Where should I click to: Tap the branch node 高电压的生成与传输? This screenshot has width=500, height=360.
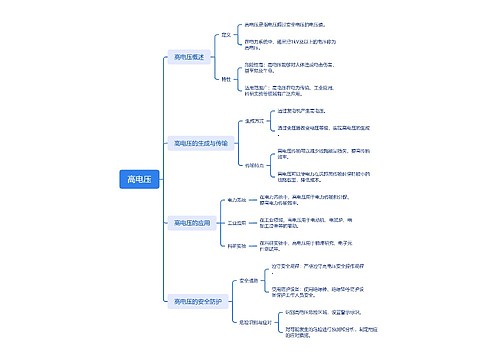pos(201,143)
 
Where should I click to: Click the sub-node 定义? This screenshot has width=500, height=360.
pos(226,34)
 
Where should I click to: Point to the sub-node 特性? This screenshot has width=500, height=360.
pos(226,79)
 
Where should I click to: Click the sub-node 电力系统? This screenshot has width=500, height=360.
pos(237,200)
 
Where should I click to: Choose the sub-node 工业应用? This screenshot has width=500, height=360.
pos(237,222)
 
